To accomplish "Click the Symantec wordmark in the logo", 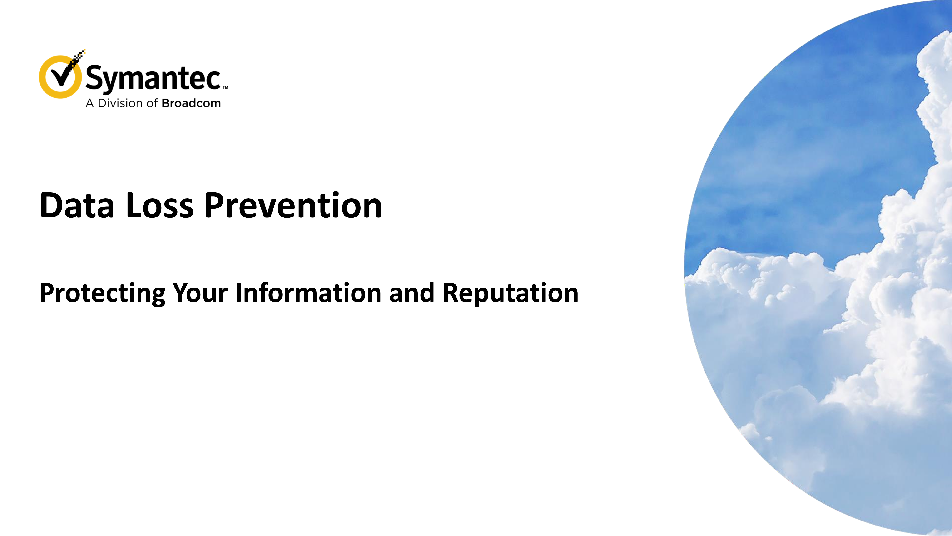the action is (x=153, y=78).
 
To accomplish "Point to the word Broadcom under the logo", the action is (x=191, y=103).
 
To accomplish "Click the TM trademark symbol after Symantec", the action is (x=225, y=88).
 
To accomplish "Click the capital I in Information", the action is (x=239, y=293).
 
